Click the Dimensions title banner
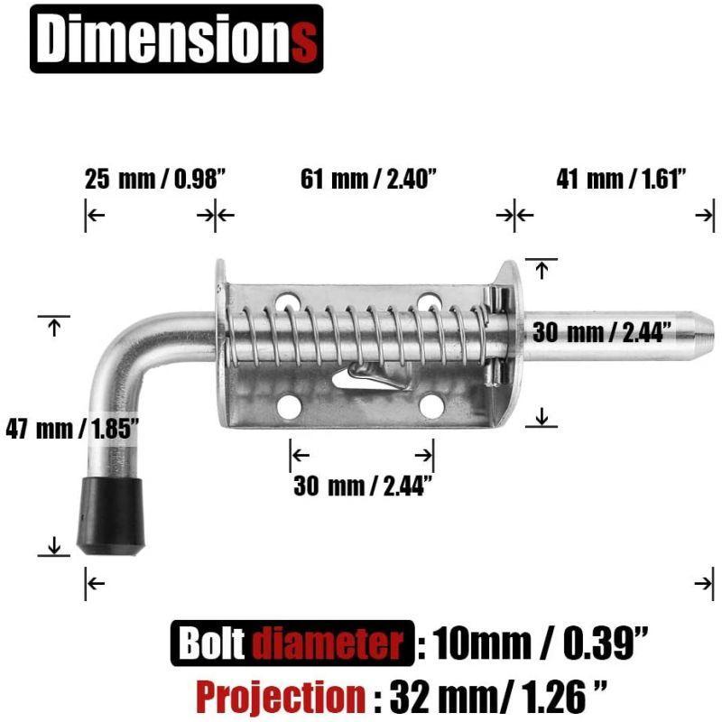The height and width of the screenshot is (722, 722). tap(176, 39)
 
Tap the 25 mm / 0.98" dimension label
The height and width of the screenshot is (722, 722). tap(155, 179)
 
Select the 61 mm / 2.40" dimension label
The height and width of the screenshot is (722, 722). tap(368, 179)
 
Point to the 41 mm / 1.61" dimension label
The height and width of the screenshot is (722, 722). tap(621, 179)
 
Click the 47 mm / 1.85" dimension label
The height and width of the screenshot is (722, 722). tap(72, 430)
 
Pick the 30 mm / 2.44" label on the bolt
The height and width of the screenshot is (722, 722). tap(601, 331)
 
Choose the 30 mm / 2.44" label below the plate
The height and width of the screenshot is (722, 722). tap(363, 486)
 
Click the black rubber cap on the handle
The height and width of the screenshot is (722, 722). tap(110, 516)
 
